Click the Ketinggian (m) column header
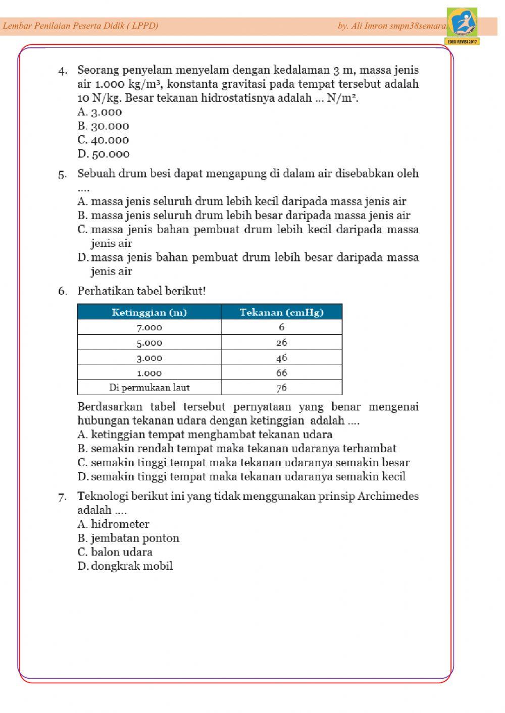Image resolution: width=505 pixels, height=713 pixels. [149, 312]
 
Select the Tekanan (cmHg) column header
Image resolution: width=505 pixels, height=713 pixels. [281, 312]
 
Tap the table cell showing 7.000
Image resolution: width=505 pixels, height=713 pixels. [149, 327]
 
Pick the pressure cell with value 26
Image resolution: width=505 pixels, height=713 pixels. [281, 343]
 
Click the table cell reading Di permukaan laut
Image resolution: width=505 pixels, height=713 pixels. [149, 388]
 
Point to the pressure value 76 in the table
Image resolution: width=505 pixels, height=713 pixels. [281, 388]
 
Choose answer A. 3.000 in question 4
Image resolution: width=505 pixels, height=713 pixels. [100, 112]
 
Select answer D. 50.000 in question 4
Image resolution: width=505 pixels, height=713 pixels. [104, 154]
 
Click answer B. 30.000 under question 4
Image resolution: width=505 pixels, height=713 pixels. [104, 126]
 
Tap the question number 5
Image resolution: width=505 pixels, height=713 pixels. [62, 175]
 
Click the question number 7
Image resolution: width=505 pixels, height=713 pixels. [62, 498]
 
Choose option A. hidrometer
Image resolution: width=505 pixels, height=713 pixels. [114, 524]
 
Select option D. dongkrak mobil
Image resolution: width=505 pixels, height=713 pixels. [125, 566]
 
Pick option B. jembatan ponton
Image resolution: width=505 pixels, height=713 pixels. [128, 538]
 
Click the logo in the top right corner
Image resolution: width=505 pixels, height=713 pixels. [462, 23]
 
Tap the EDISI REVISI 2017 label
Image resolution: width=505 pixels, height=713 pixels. [462, 41]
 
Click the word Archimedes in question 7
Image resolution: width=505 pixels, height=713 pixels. [388, 497]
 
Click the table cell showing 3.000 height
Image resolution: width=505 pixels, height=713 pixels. [149, 358]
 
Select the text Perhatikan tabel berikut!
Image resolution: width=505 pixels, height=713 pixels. [141, 291]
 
